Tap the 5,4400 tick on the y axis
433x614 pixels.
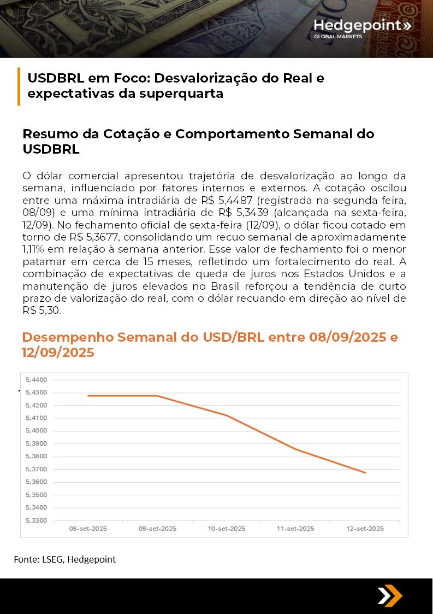coord(37,379)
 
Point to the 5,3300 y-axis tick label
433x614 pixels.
coord(37,521)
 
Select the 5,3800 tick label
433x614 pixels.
coord(37,456)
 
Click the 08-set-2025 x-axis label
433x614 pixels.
coord(88,529)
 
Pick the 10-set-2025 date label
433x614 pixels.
coord(227,529)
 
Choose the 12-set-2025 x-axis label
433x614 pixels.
coord(365,529)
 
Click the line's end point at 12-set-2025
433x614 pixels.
coord(365,472)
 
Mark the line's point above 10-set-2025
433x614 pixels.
coord(227,416)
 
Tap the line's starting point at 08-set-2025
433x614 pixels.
coord(88,396)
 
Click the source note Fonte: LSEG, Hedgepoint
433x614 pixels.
coord(64,559)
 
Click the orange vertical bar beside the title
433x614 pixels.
coord(19,86)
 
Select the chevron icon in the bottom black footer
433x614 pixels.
coord(389,595)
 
